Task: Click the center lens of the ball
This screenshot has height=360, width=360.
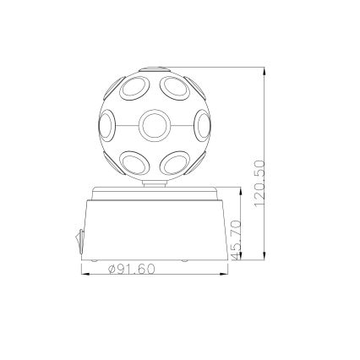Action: coord(153,127)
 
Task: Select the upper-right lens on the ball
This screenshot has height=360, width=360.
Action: coord(175,87)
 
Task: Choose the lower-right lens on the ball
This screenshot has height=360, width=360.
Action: coord(175,161)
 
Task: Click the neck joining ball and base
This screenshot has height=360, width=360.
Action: coord(154,183)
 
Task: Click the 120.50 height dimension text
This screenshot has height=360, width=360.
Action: coord(259,183)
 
